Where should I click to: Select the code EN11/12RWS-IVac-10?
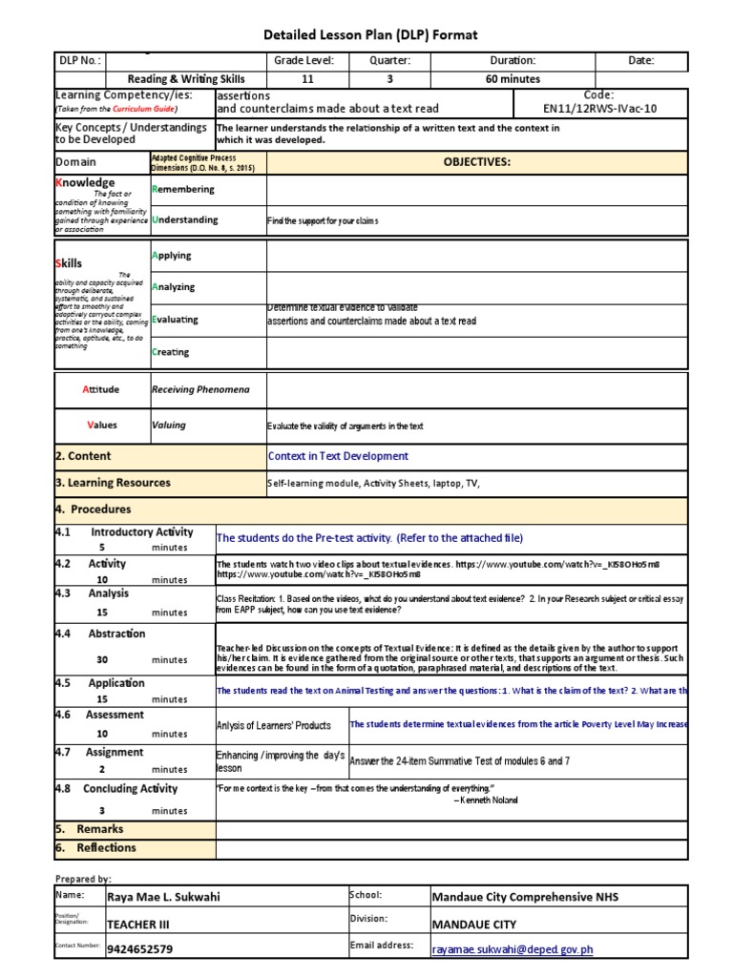[614, 108]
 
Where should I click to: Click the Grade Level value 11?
[306, 79]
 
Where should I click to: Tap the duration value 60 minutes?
[513, 79]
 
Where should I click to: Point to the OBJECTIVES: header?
[477, 162]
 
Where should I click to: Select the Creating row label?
[171, 352]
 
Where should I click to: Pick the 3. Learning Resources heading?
[114, 483]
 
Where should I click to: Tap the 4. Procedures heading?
[94, 509]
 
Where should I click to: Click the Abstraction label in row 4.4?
[116, 634]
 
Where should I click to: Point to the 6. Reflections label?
[95, 847]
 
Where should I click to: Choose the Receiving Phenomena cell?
[201, 389]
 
